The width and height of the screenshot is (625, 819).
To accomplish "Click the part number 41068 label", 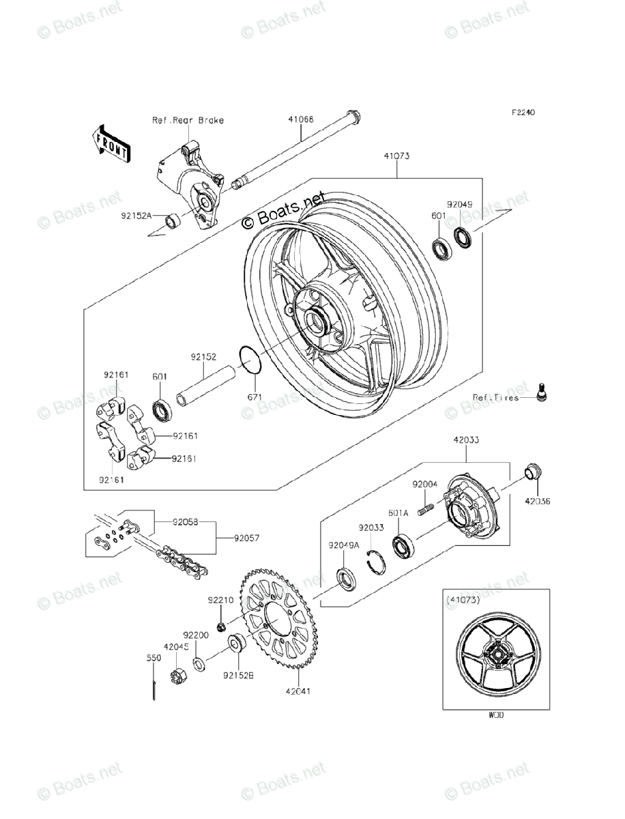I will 300,119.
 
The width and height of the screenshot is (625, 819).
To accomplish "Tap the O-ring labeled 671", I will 250,360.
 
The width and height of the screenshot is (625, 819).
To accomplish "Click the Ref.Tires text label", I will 495,397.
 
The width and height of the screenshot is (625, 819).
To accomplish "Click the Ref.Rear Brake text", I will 169,120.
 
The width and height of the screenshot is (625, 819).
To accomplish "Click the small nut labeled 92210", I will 221,627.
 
